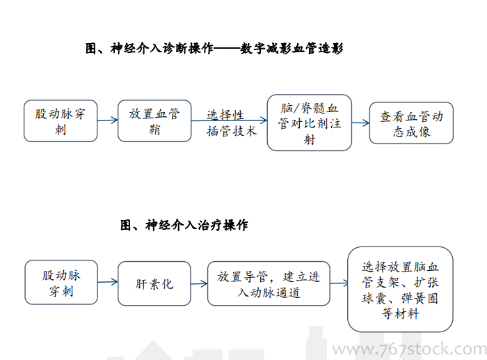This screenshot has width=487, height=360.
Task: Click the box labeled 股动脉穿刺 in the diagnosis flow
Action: pos(61,121)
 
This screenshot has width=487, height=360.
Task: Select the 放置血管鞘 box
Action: pos(154,121)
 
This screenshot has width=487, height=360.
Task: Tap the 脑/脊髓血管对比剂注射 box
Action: pos(310,123)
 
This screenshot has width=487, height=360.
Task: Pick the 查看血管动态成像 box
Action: pos(411,123)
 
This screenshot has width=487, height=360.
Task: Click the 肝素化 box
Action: pos(154,283)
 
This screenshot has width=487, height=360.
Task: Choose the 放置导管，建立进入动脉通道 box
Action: pos(269,283)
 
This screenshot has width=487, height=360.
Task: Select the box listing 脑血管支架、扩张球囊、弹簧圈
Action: pos(400,290)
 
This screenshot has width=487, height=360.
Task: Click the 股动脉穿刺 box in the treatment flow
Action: pos(61,282)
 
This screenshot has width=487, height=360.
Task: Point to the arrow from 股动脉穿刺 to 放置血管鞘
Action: pos(108,120)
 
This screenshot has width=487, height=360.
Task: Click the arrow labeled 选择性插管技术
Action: pos(229,120)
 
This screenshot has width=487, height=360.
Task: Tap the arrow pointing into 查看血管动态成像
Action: pos(360,123)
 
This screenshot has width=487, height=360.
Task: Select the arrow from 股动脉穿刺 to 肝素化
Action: pos(108,282)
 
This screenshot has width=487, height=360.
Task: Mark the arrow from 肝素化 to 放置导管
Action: pos(199,283)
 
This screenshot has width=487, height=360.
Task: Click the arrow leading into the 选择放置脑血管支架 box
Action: pos(340,283)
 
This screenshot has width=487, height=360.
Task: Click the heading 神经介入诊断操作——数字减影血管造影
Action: pos(214,49)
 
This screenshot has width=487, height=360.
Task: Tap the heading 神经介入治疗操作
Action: pos(184,225)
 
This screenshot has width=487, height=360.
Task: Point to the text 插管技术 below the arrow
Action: pos(232,131)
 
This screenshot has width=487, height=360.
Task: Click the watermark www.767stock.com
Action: pos(410,349)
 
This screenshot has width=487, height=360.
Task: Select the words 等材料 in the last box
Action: pos(400,313)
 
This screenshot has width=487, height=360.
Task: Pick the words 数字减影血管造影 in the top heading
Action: pos(292,49)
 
